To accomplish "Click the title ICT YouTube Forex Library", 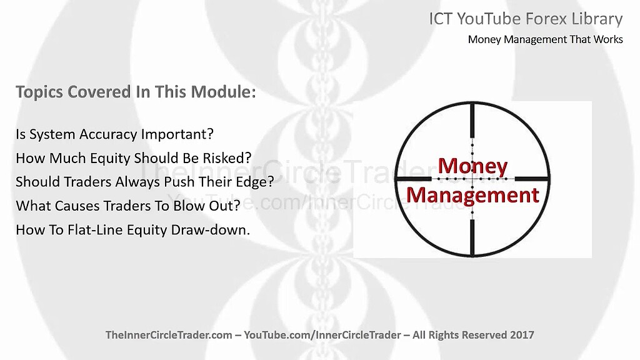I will point(526,19).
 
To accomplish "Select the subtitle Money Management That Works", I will point(545,40).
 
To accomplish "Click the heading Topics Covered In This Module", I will point(136,92).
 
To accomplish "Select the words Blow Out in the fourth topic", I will point(196,205).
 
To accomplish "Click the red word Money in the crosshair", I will point(472,166).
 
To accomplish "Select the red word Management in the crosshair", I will point(472,195).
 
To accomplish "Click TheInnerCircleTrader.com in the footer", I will point(167,335).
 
